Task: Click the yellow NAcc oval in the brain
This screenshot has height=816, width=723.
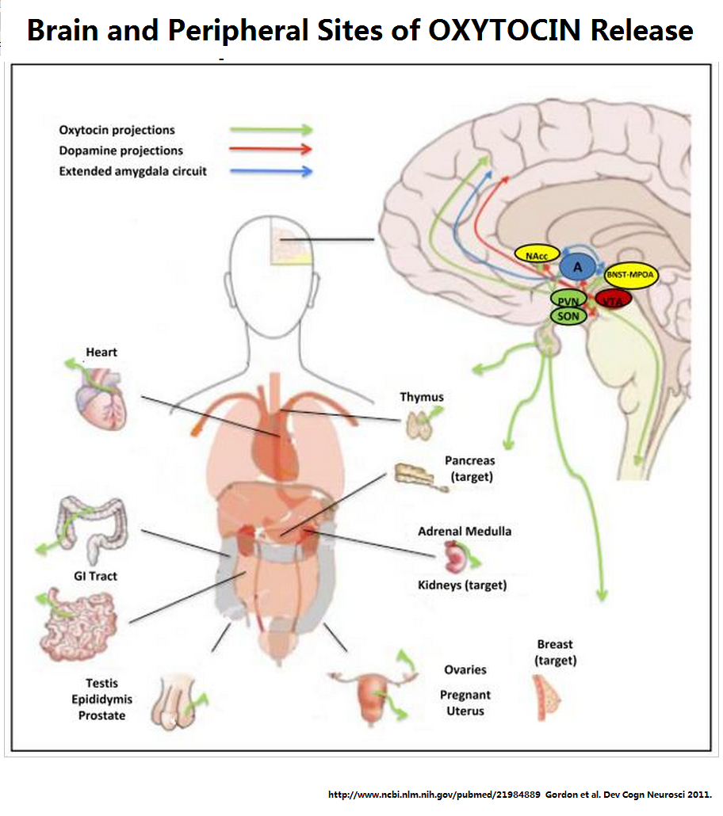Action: click(537, 254)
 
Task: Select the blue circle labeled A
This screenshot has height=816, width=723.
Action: click(578, 267)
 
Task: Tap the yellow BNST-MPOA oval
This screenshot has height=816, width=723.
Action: click(631, 275)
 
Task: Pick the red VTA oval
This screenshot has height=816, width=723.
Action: click(613, 300)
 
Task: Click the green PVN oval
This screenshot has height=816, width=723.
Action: click(568, 300)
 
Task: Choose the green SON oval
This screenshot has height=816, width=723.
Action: click(568, 316)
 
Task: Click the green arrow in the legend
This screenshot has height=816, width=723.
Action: click(271, 130)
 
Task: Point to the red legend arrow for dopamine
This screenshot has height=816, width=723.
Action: click(271, 150)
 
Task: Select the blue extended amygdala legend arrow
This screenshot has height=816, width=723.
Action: click(271, 170)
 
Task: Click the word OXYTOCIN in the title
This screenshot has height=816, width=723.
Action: click(504, 30)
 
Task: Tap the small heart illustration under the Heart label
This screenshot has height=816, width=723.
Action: click(101, 398)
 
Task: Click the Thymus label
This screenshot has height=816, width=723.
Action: click(422, 397)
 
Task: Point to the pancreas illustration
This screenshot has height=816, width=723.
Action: click(421, 477)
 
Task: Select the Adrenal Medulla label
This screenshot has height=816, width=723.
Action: click(465, 532)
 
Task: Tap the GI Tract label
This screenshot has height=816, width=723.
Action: click(95, 576)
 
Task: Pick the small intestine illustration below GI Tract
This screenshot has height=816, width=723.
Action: click(79, 624)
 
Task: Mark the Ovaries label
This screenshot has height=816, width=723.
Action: click(465, 669)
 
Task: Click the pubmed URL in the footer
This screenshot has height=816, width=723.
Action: click(434, 795)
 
